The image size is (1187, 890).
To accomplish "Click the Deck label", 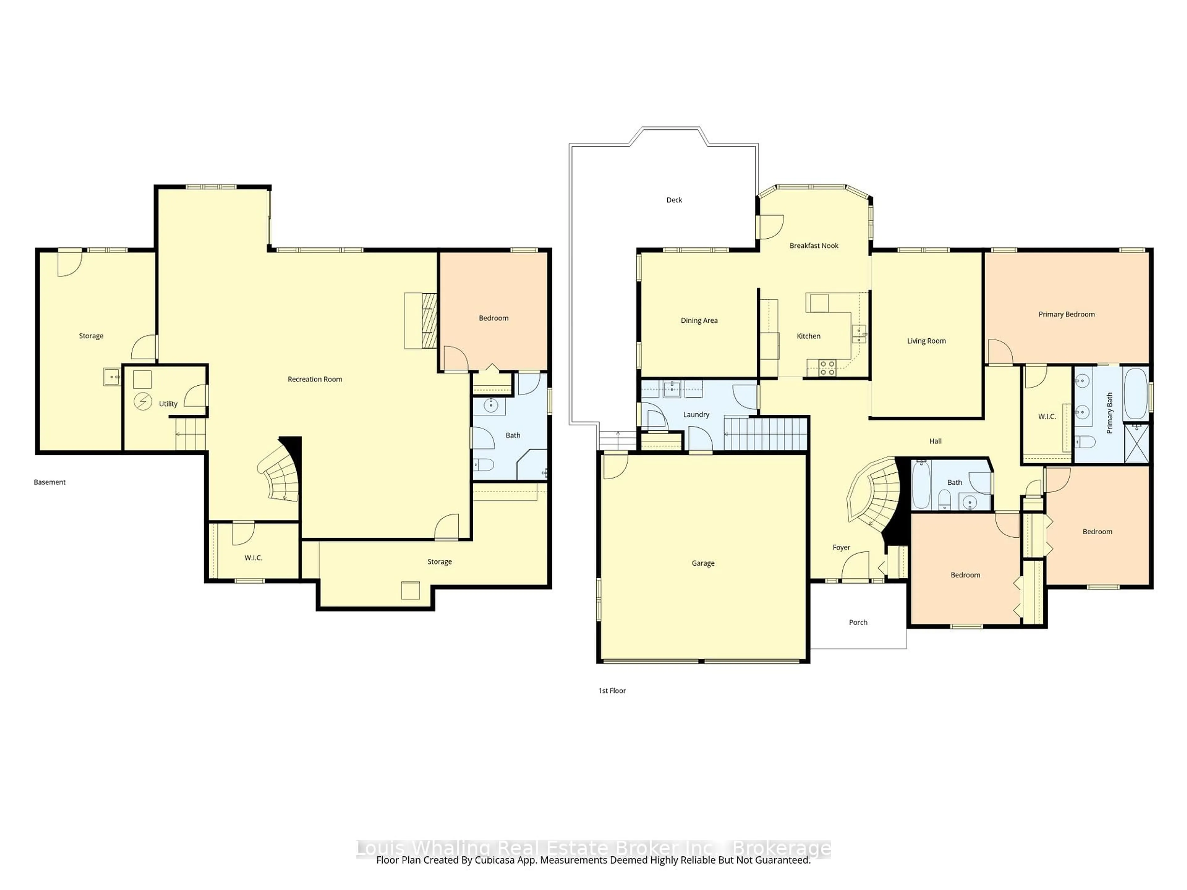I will point(674,200).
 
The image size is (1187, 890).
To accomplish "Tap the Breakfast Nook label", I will point(814,246).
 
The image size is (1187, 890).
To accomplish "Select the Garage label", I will point(703,563).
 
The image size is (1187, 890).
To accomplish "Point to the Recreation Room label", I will point(315,379).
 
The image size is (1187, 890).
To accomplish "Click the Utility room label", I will point(168,404).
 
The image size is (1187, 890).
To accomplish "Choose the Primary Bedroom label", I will point(1066,314).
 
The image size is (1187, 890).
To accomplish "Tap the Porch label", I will point(858,622).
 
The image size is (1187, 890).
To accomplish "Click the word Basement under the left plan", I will point(49,482).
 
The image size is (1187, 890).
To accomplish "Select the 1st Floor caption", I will point(612,690).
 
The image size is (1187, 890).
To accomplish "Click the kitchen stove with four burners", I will point(827,367).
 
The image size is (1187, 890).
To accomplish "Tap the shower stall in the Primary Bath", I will point(1137,443).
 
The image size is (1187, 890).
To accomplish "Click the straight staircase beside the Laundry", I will point(765,434).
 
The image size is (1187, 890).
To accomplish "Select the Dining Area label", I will point(699,321).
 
